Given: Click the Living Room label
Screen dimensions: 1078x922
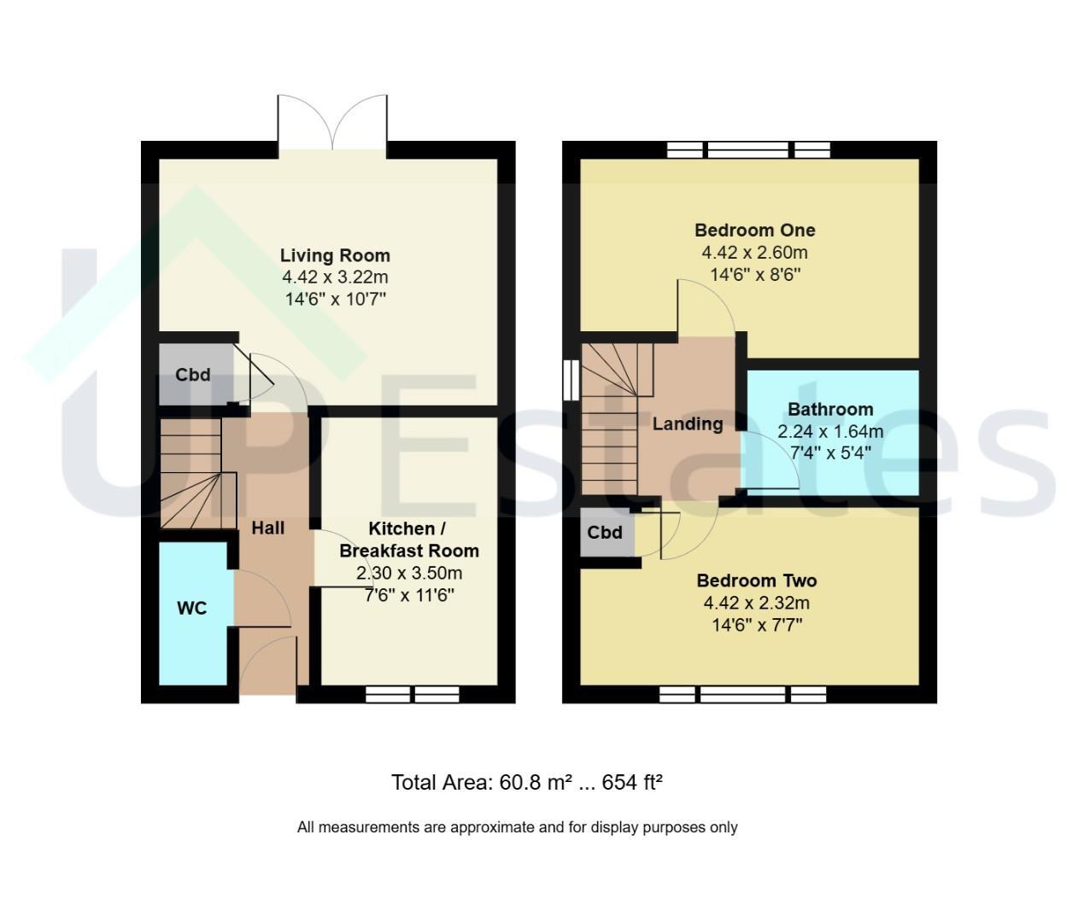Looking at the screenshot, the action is pos(335,255).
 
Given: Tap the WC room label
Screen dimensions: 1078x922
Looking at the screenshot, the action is pos(192,608).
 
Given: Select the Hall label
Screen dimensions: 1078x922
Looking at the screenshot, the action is pos(268,528).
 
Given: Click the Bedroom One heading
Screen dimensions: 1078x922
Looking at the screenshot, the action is pos(754,230).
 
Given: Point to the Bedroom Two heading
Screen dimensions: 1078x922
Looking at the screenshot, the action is pos(757,581).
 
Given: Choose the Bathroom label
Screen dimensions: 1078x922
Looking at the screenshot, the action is pos(830,409).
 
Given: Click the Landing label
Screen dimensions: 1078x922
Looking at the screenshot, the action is pos(688,424).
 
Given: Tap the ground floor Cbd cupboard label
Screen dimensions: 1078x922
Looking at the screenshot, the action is pos(193,375).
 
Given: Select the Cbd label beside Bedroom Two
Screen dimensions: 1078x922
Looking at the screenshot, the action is pos(605,532).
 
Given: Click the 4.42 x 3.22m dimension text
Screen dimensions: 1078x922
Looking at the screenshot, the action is pos(335,277).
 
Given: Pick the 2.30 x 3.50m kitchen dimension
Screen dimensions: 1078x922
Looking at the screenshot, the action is pos(409,574).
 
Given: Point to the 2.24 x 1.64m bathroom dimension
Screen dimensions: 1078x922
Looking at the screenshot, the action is pos(830,432).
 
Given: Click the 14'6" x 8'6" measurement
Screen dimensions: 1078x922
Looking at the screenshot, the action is pos(755,274).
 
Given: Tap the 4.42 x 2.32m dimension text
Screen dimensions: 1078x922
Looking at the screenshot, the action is pos(757,603).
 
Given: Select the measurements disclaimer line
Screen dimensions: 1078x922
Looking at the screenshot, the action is pos(518,827).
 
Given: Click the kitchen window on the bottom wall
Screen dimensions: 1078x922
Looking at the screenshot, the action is pos(412,694).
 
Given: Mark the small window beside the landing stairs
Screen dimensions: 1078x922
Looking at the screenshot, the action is pos(571,380).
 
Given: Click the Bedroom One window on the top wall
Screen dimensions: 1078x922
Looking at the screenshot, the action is pos(748,150).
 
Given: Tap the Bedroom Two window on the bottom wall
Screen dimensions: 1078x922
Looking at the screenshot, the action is pos(742,694).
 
